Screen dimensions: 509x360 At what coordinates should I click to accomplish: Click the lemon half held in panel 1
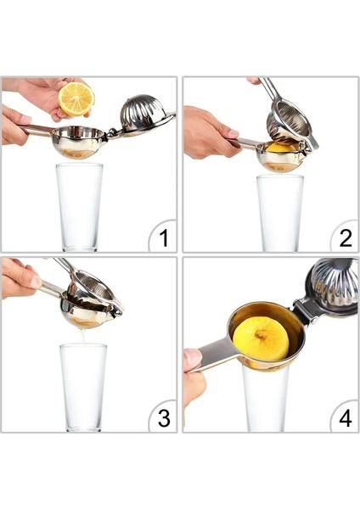click(x=76, y=99)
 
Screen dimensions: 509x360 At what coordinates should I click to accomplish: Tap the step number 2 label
click(x=344, y=237)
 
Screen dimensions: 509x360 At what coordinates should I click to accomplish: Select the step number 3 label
click(x=163, y=417)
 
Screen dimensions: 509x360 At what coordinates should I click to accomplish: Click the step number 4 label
click(x=345, y=417)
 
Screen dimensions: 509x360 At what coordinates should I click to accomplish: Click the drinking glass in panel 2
click(x=279, y=211)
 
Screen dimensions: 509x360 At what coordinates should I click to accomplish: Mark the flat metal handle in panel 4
click(x=212, y=351)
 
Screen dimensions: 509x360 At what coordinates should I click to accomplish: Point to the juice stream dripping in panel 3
click(x=82, y=336)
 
